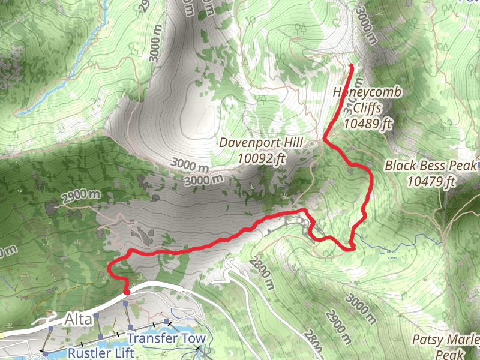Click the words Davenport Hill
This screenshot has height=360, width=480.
coord(261,144)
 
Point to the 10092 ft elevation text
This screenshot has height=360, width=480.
coord(261,158)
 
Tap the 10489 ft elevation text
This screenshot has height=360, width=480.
coord(368,124)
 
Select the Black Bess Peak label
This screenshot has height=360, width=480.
coord(430,165)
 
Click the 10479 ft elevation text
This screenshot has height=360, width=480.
coord(430,181)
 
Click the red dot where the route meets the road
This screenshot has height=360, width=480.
coord(126,292)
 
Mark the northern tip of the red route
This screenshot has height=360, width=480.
coord(350,65)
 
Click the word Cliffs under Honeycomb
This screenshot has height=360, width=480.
coord(368,108)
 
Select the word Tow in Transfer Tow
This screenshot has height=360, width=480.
coord(195,338)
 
